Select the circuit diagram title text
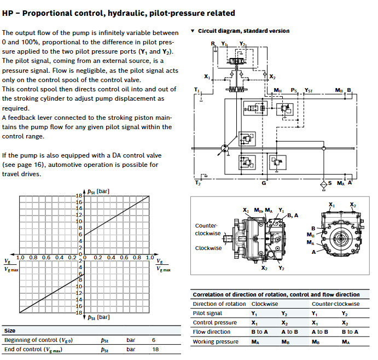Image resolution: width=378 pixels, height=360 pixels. (x=243, y=31)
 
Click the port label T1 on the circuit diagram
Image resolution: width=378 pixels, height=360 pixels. (x=197, y=89)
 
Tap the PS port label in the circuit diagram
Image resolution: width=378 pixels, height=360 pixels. (x=294, y=90)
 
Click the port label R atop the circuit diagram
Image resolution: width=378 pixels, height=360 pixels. (x=213, y=43)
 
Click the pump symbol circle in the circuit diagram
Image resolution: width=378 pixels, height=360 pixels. (x=224, y=148)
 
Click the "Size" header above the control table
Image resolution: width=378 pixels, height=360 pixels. (x=10, y=331)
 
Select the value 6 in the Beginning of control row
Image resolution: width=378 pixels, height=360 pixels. (x=154, y=340)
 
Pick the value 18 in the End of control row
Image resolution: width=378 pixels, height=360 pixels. (x=154, y=349)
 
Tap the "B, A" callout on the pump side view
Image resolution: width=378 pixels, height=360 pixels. (x=293, y=216)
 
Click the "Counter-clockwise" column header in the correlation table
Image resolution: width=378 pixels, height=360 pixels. (x=335, y=304)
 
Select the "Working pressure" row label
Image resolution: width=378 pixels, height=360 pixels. (x=216, y=341)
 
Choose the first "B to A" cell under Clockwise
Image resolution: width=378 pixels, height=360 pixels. (x=259, y=332)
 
